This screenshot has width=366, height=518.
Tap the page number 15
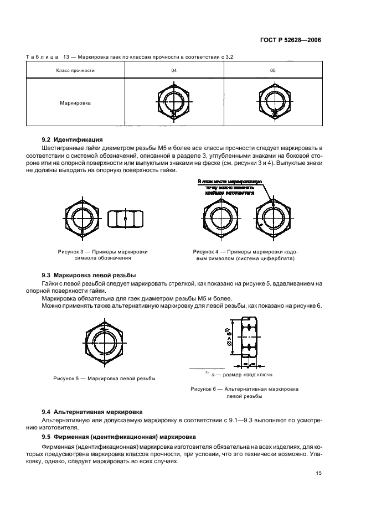coord(318,473)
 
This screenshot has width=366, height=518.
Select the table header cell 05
coord(272,71)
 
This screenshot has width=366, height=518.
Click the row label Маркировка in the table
coord(75,102)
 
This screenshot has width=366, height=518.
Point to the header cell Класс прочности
coord(75,71)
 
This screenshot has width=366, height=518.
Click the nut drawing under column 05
coord(272,102)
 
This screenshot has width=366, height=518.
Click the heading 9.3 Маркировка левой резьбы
coord(89,276)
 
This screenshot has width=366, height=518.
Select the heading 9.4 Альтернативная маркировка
coord(92,412)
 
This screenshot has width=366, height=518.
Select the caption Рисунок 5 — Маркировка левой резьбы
coord(104,379)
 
